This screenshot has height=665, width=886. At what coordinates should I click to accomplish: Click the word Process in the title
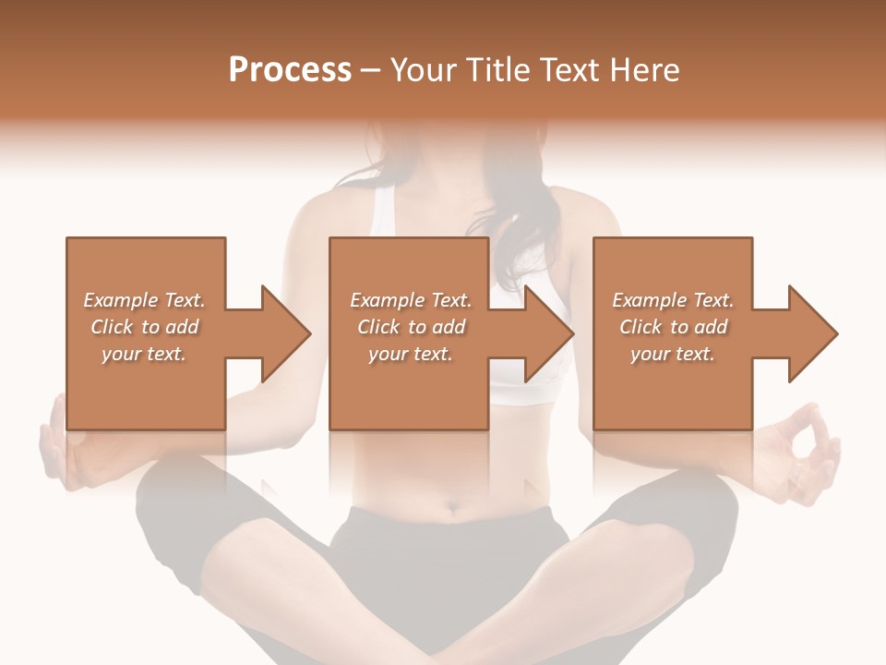pos(290,70)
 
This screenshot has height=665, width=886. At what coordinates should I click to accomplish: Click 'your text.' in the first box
pos(143,354)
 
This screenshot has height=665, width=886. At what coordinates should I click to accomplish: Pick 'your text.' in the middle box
pos(410,354)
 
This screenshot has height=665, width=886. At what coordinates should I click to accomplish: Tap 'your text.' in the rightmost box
pos(672,354)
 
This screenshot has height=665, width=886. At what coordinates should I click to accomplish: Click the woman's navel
pos(452,506)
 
